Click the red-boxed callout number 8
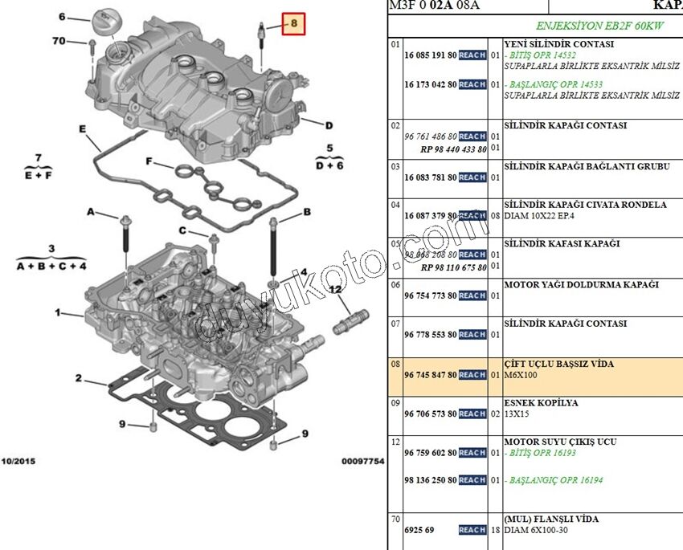(x=294, y=24)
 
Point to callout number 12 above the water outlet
(x=334, y=288)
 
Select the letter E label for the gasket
(x=82, y=128)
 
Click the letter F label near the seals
(x=149, y=161)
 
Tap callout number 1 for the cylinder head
(x=58, y=312)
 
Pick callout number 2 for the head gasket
(x=79, y=377)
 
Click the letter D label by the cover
(x=329, y=125)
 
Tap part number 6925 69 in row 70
(x=419, y=530)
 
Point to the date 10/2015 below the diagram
(x=18, y=462)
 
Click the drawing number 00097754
(x=363, y=462)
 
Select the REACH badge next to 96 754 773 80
(x=472, y=296)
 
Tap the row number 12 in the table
(x=395, y=442)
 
